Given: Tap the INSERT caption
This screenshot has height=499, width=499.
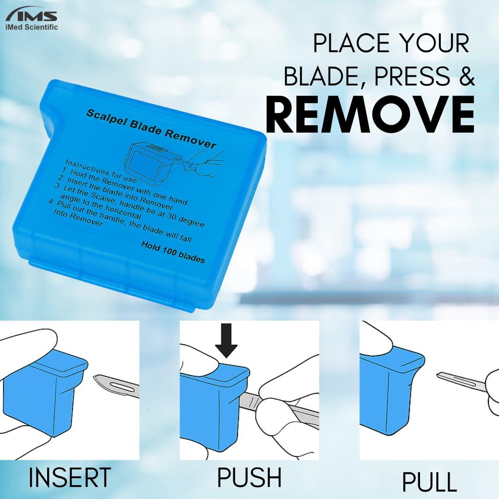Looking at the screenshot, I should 70,477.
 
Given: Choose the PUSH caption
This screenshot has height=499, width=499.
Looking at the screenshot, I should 249,477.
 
